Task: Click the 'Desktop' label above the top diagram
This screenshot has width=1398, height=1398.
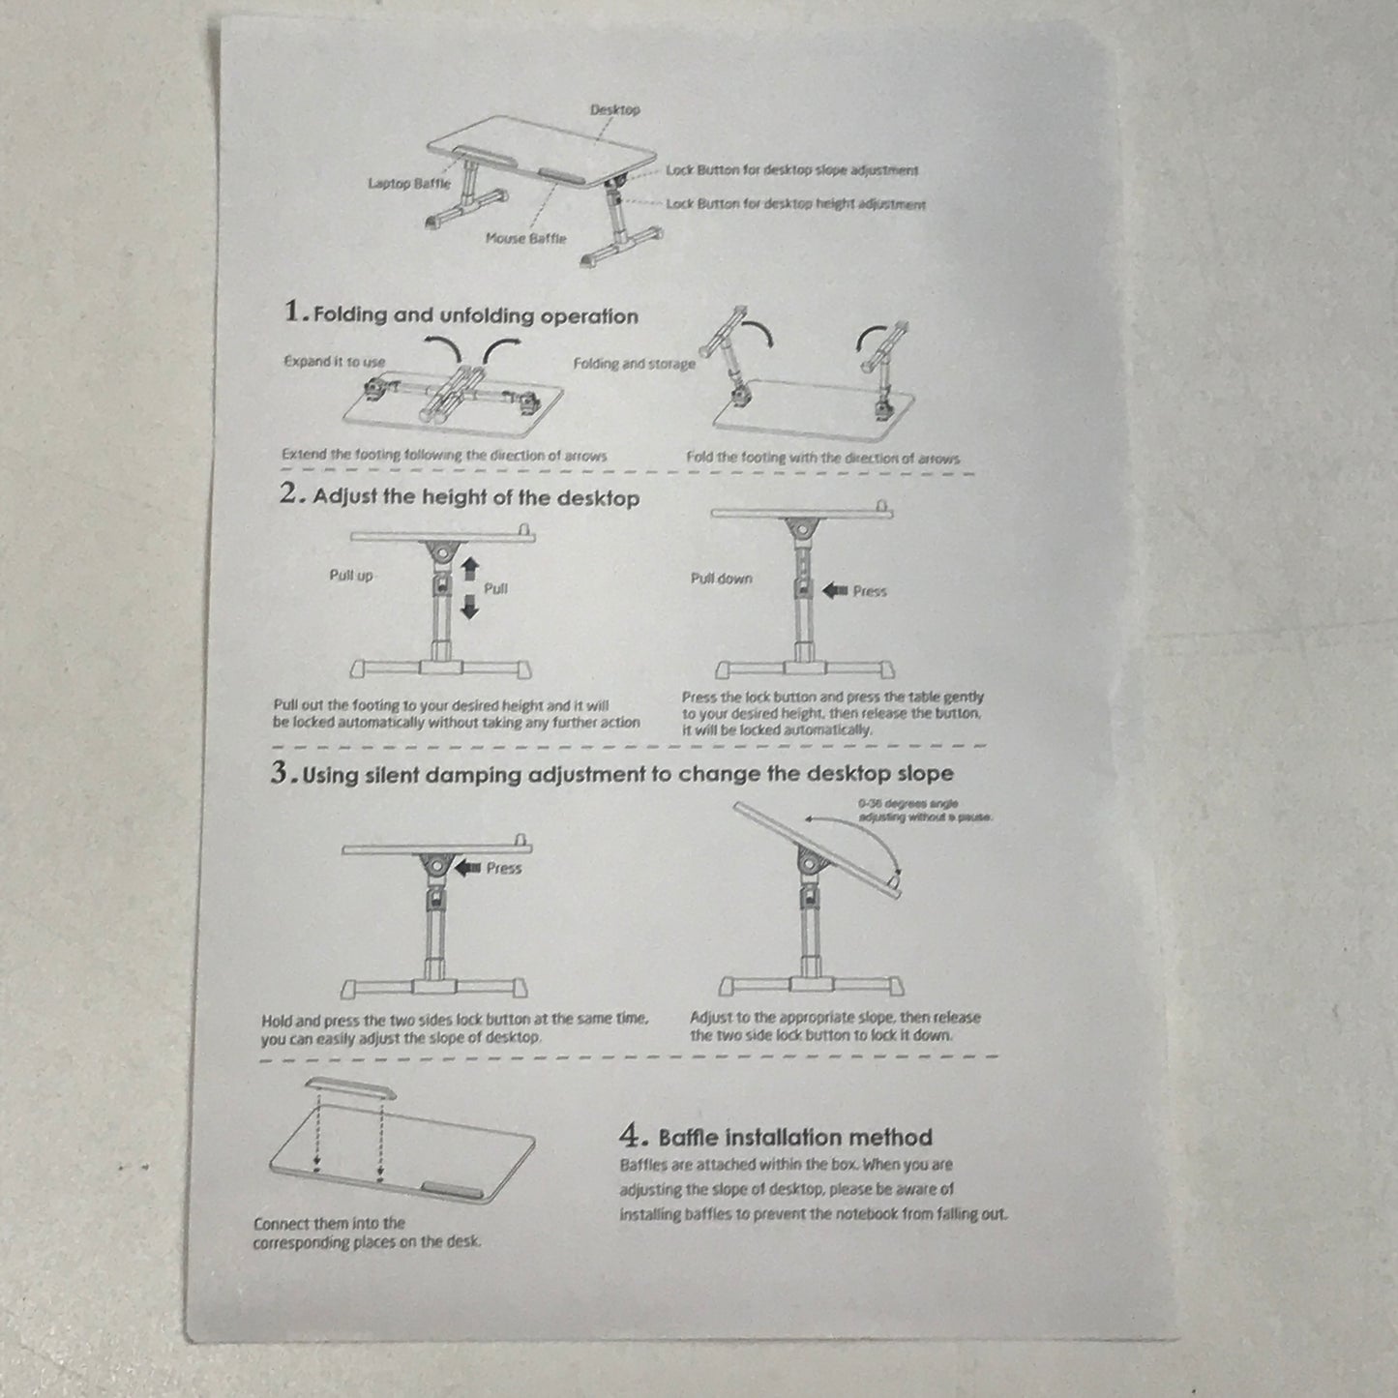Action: (x=614, y=110)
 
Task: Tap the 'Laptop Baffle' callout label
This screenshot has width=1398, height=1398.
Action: (x=408, y=184)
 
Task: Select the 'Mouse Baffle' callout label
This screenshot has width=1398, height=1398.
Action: (x=525, y=238)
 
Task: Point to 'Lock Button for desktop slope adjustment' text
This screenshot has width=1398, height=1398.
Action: (x=791, y=170)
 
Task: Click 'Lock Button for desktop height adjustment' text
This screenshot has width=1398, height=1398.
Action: (x=795, y=204)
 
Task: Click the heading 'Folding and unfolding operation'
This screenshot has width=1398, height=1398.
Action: (x=475, y=315)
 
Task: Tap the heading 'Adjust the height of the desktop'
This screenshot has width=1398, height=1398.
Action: (x=475, y=498)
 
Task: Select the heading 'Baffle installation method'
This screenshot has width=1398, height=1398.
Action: (x=794, y=1137)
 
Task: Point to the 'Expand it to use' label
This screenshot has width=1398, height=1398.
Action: (x=334, y=362)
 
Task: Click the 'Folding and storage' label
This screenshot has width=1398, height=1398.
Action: (x=634, y=364)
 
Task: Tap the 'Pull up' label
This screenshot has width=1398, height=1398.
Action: (x=350, y=576)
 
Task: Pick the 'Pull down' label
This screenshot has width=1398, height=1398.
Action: (x=721, y=579)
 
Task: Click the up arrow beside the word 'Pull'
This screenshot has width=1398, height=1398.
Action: (x=470, y=567)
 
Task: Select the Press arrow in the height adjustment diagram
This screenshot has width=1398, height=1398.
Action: (x=834, y=590)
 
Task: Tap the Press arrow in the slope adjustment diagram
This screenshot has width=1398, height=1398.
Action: (x=467, y=868)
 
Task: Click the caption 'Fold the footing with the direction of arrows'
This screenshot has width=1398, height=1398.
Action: (x=822, y=458)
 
